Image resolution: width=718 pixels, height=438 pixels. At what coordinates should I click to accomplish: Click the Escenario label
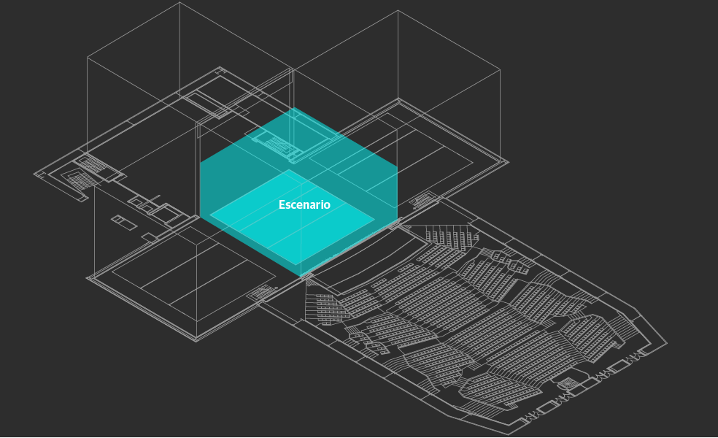[x=304, y=205]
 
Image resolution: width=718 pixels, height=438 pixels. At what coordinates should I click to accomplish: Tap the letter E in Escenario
[x=282, y=205]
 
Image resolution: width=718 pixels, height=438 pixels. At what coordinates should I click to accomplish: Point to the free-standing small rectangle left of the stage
[x=123, y=222]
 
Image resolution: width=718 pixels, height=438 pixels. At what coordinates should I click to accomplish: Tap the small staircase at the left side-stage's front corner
[x=260, y=293]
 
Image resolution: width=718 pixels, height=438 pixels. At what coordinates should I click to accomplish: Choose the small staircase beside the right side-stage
[x=425, y=199]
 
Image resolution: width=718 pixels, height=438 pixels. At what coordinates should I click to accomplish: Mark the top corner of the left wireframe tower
[x=179, y=3]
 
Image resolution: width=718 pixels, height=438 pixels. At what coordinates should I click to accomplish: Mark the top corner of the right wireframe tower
[x=398, y=11]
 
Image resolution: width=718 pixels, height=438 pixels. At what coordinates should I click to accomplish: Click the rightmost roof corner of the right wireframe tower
[x=500, y=70]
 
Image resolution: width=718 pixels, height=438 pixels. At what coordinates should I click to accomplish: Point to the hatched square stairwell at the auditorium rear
[x=568, y=383]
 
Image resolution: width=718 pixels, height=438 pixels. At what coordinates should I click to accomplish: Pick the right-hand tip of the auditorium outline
[x=666, y=343]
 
